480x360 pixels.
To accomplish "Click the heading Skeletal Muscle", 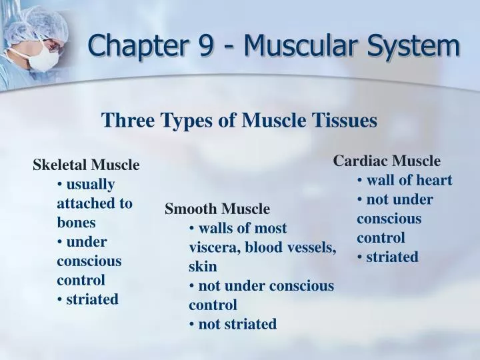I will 86,165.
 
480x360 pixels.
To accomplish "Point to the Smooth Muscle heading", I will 217,209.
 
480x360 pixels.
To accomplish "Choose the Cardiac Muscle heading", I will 387,161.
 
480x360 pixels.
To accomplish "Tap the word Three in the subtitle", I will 125,121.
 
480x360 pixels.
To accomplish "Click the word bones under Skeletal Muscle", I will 76,222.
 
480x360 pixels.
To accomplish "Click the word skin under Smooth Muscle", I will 203,267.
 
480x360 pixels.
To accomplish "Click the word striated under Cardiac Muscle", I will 392,257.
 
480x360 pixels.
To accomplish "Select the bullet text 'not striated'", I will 237,324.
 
